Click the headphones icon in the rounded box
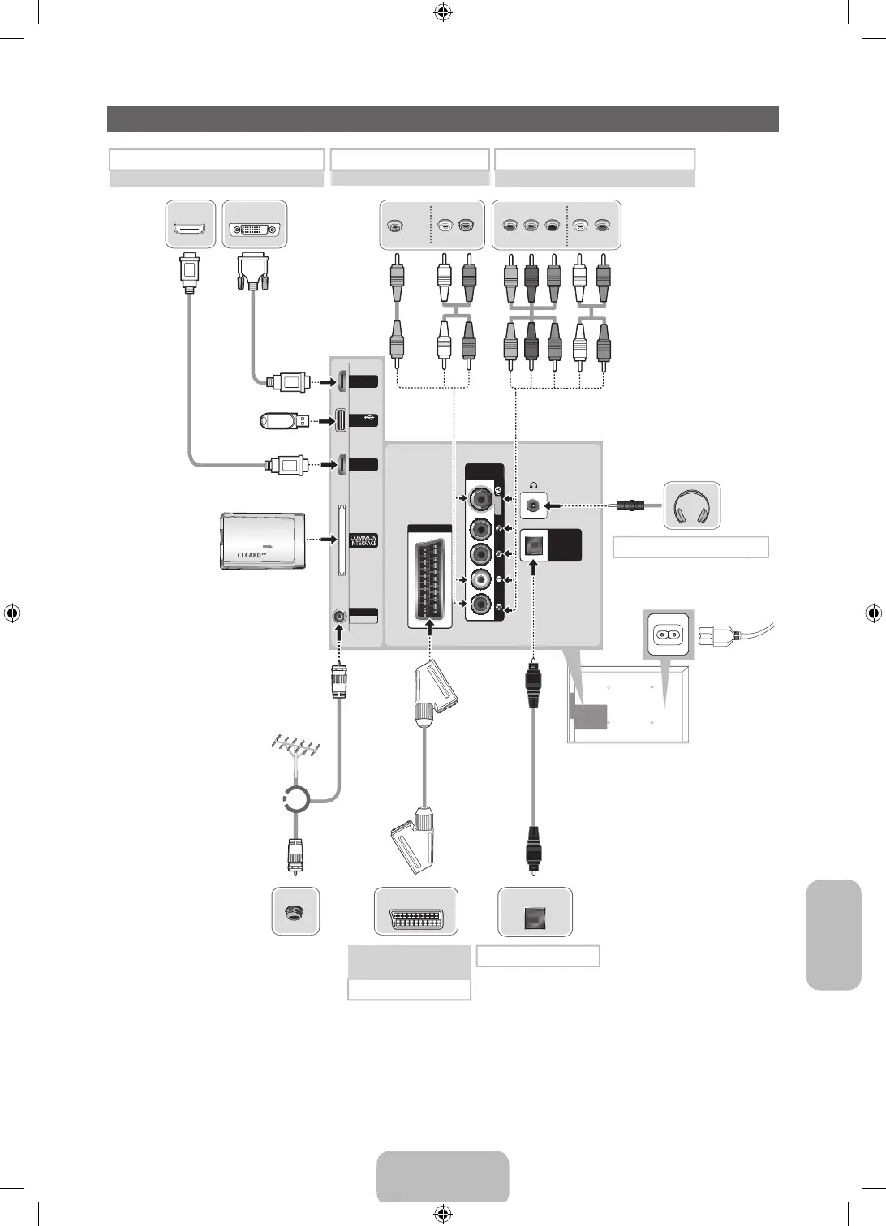point(692,505)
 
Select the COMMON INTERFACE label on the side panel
point(363,540)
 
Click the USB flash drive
point(283,420)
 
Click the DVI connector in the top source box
point(255,230)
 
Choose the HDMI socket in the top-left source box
point(190,230)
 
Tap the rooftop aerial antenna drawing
point(295,748)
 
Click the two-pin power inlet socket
point(667,634)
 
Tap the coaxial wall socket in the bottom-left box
point(294,911)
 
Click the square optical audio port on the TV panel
point(534,547)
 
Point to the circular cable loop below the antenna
point(296,800)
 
